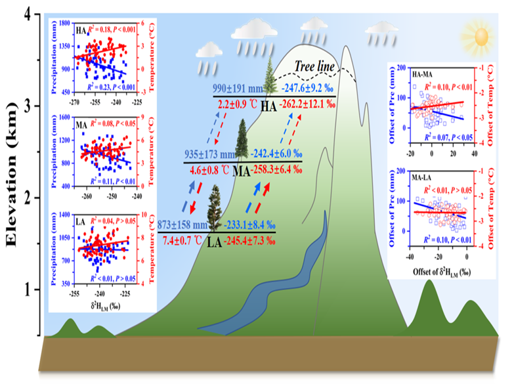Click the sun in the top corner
480,32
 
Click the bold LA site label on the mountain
214,242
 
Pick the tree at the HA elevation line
270,77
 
